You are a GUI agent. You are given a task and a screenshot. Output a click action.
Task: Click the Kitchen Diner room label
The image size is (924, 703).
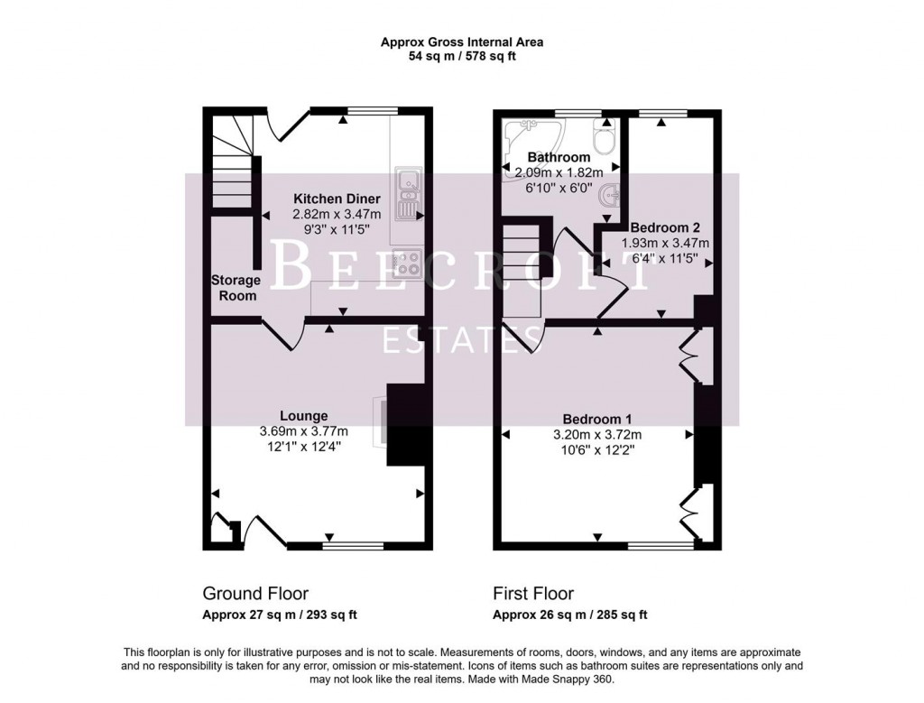point(337,199)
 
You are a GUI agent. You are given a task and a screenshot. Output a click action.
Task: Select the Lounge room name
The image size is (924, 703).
point(303,416)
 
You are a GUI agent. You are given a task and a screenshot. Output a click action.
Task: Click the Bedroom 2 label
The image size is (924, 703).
point(665,227)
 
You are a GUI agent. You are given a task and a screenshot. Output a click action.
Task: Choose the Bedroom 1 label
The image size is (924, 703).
point(596,419)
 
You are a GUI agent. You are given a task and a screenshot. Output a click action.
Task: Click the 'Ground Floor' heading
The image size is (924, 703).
point(255,594)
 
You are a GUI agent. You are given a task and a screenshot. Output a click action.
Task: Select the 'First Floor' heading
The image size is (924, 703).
point(533,594)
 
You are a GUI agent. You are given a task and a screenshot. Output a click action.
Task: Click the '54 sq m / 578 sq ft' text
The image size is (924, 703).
point(461,56)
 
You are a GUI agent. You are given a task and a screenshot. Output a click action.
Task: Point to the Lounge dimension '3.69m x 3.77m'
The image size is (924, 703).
point(303,431)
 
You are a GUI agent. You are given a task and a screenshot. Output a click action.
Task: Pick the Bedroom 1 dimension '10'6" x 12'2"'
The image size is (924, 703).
point(596,449)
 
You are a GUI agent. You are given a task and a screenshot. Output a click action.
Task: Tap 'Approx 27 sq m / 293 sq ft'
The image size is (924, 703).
point(280,615)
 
